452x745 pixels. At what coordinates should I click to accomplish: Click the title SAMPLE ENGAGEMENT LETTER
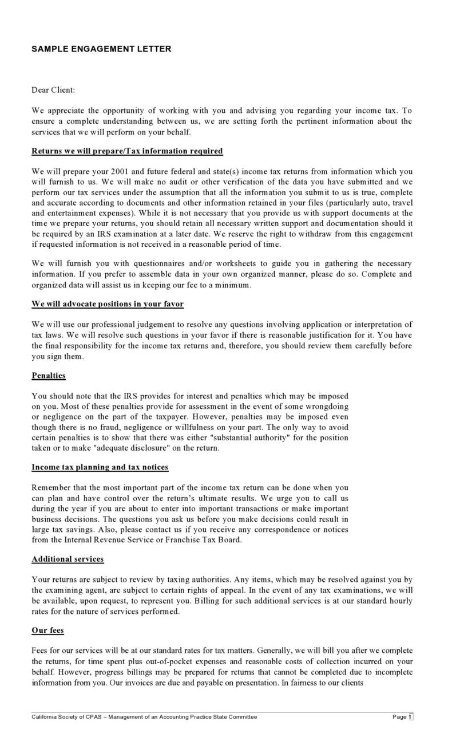click(101, 49)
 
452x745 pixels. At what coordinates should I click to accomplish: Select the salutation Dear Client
click(53, 90)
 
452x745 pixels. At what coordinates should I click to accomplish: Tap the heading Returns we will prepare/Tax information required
click(127, 151)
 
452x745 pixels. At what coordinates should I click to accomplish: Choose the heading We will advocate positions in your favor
click(108, 303)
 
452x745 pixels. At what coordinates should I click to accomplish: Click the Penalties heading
click(49, 376)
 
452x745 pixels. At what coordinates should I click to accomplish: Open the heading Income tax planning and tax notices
click(100, 467)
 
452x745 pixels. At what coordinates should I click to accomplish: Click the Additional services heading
click(68, 559)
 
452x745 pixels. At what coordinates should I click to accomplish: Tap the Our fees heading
click(48, 630)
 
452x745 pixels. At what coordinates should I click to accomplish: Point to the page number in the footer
click(410, 717)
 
